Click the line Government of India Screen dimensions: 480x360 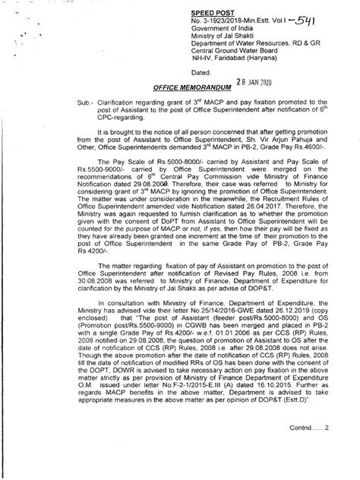pyautogui.click(x=226, y=32)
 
